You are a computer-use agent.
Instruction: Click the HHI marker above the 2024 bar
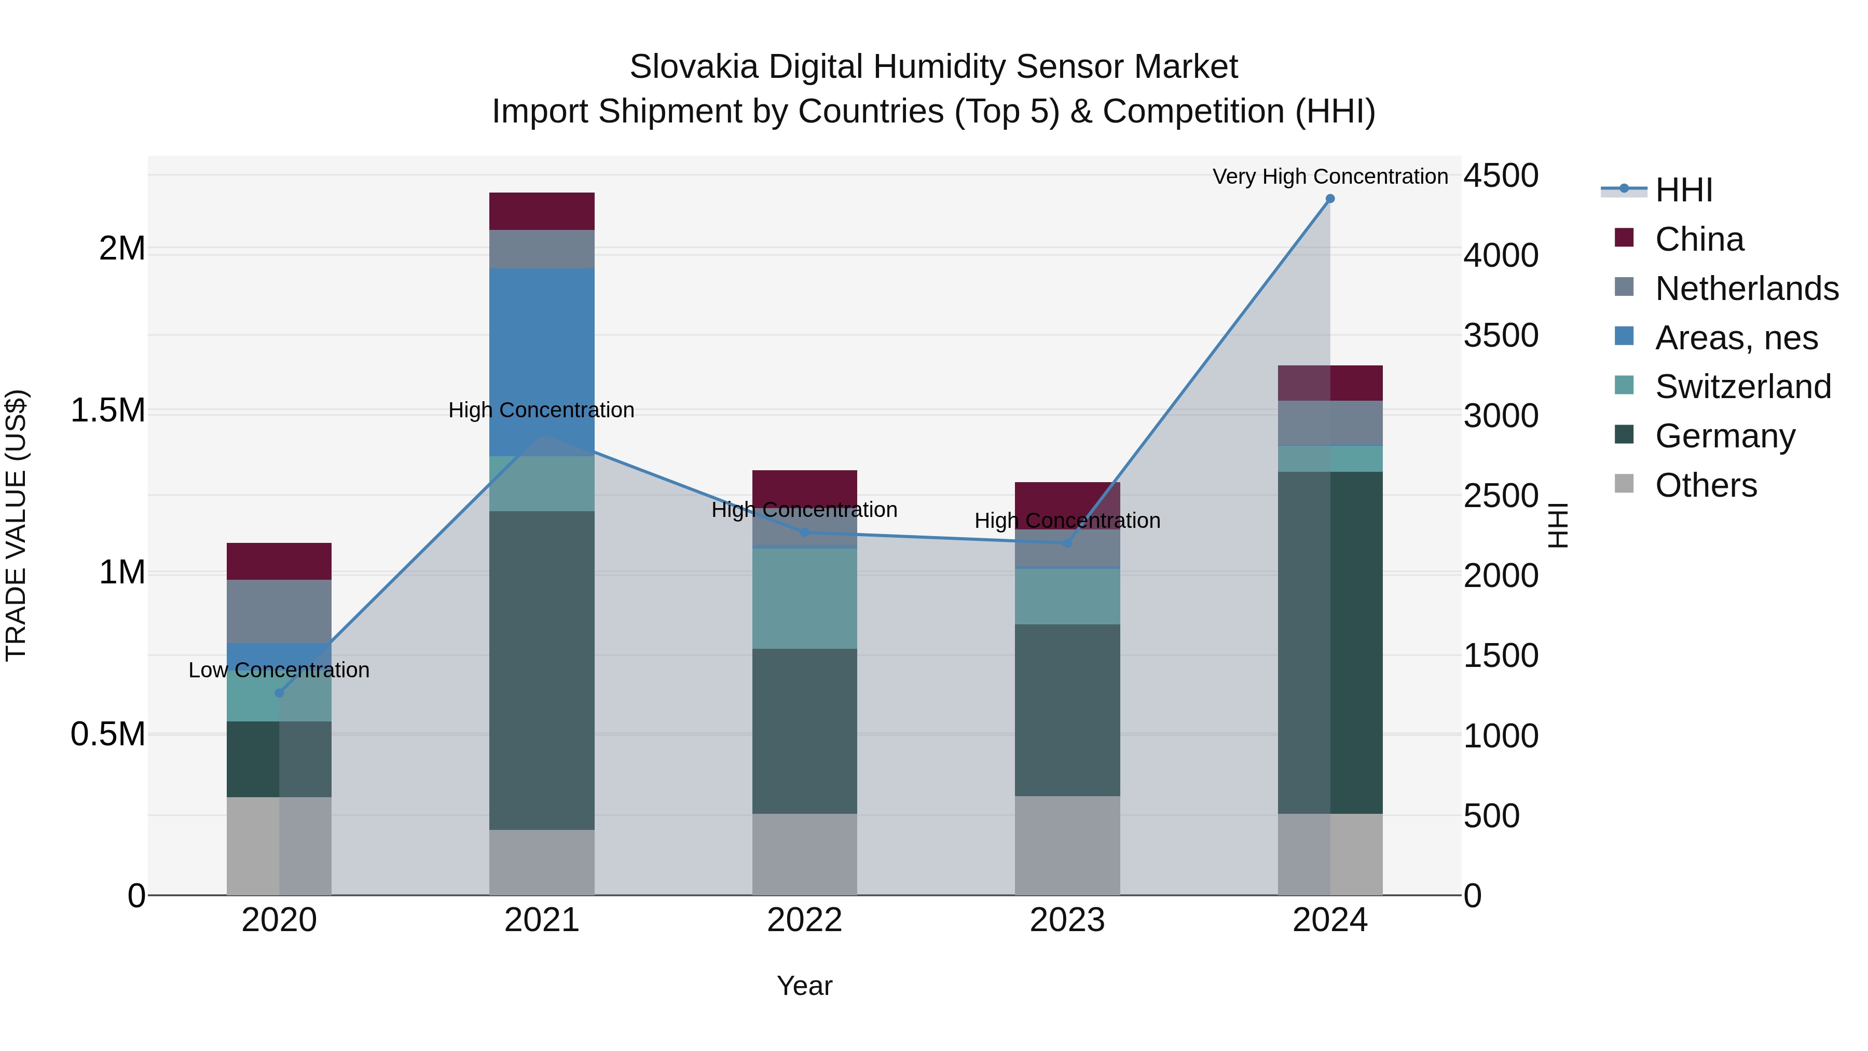(x=1329, y=199)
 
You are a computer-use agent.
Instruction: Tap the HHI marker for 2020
(x=279, y=693)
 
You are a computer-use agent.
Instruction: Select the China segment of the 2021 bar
(x=542, y=211)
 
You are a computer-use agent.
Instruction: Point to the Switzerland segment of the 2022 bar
(x=804, y=598)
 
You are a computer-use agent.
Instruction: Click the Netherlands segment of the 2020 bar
(x=279, y=611)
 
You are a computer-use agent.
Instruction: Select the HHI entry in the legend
(x=1683, y=190)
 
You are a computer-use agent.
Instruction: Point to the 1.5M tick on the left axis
(x=107, y=411)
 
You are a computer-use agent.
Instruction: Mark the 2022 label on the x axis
(x=804, y=920)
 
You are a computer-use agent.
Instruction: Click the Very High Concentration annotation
(x=1329, y=176)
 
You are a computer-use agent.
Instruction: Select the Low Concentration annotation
(x=279, y=670)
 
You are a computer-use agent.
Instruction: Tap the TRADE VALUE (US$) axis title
(x=16, y=525)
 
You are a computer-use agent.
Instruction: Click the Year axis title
(x=804, y=986)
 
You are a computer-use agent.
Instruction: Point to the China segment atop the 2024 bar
(x=1329, y=383)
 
